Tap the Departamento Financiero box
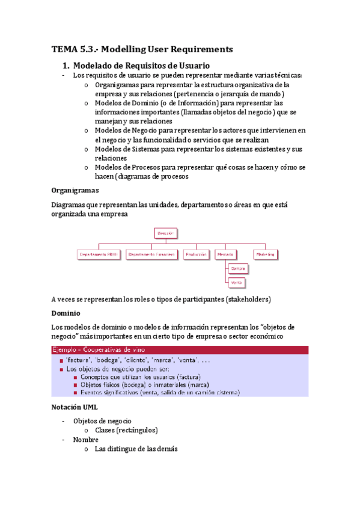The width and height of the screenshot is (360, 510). point(151,254)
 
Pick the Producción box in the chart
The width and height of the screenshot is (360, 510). point(196,254)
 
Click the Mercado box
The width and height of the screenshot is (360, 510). point(225,254)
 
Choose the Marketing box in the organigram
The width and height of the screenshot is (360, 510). point(267,254)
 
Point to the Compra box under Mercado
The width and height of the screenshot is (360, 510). point(238,268)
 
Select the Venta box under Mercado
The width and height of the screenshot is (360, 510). point(237,281)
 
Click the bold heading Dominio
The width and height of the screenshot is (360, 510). point(67,313)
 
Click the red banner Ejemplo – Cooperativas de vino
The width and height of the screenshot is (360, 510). point(180,349)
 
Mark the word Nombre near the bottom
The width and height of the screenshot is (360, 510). point(86,440)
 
